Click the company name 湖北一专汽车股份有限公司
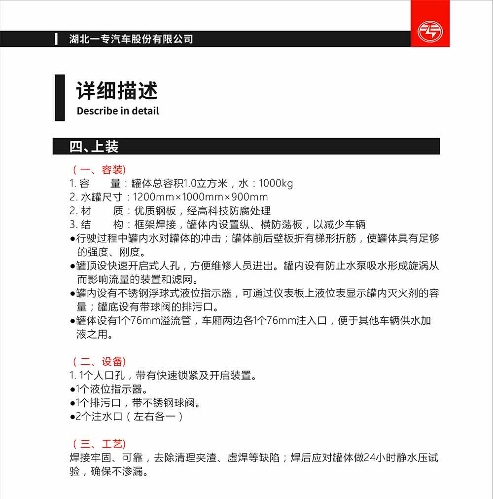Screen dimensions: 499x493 131,39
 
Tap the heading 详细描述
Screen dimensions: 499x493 117,91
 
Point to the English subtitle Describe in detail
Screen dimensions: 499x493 118,111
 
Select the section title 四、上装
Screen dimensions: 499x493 94,147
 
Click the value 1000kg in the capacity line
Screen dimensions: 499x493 276,184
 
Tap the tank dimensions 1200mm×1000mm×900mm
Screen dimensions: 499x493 201,197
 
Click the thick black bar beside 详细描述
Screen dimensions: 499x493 60,97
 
